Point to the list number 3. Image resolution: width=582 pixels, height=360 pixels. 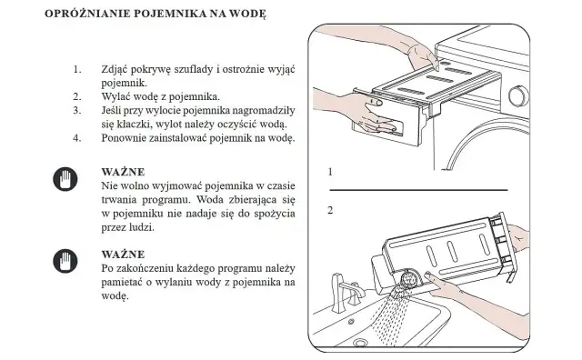[77, 110]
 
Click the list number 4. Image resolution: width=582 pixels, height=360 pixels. [77, 138]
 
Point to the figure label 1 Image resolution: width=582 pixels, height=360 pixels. [331, 172]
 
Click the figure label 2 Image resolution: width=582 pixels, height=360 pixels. [331, 210]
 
